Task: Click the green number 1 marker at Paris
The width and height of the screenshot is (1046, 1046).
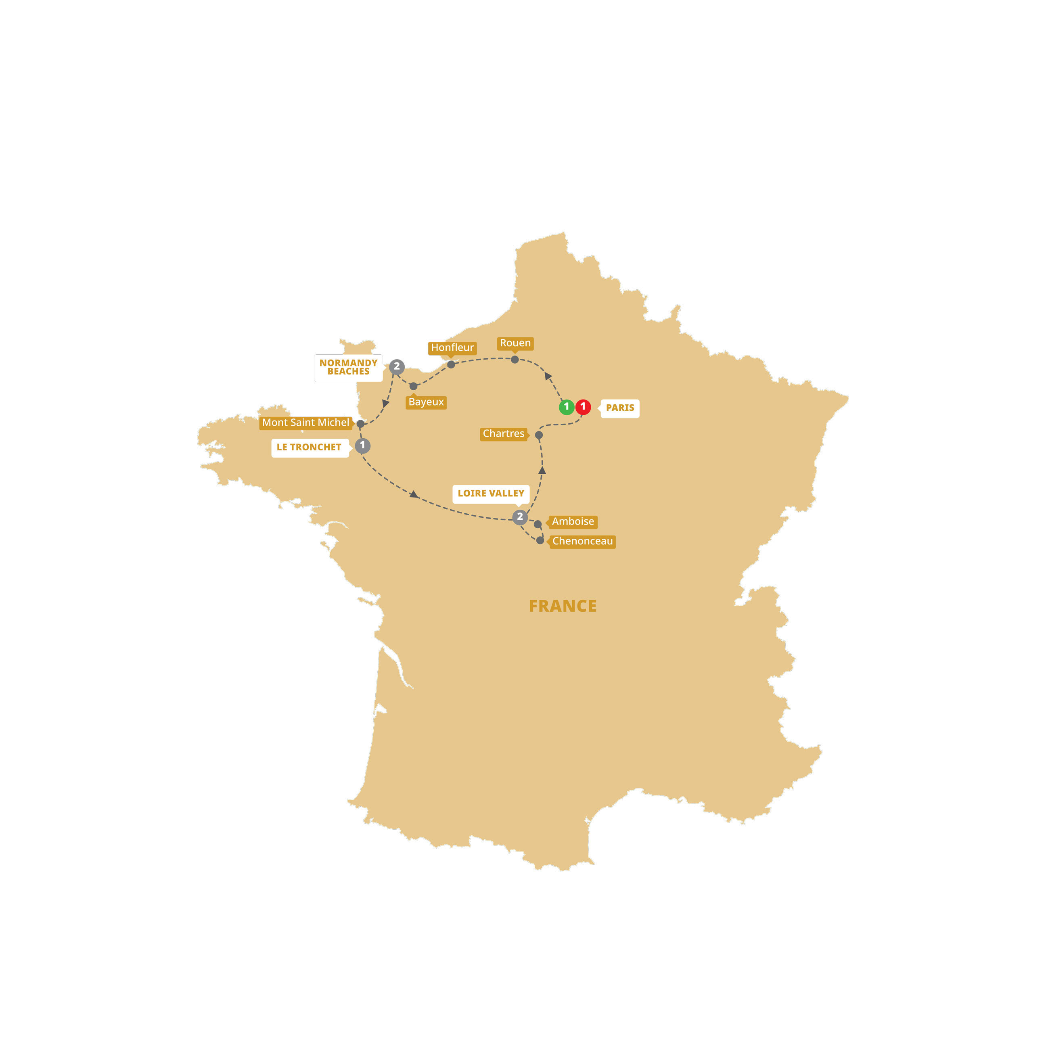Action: coord(566,407)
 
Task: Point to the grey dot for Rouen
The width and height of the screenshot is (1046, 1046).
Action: coord(515,360)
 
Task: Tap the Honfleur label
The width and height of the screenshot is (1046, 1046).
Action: coord(452,347)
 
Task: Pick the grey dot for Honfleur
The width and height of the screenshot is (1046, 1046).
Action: coord(451,364)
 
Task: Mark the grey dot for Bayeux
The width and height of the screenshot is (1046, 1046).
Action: coord(414,386)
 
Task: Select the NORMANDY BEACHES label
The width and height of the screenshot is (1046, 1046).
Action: coord(348,368)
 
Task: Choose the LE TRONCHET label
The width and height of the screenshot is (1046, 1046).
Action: coord(309,447)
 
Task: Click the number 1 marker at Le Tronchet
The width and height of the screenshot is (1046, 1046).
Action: coord(363,446)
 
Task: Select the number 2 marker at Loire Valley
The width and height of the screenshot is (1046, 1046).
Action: coord(520,517)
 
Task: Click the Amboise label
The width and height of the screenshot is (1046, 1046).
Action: coord(573,522)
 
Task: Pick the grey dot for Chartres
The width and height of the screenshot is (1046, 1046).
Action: coord(539,435)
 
